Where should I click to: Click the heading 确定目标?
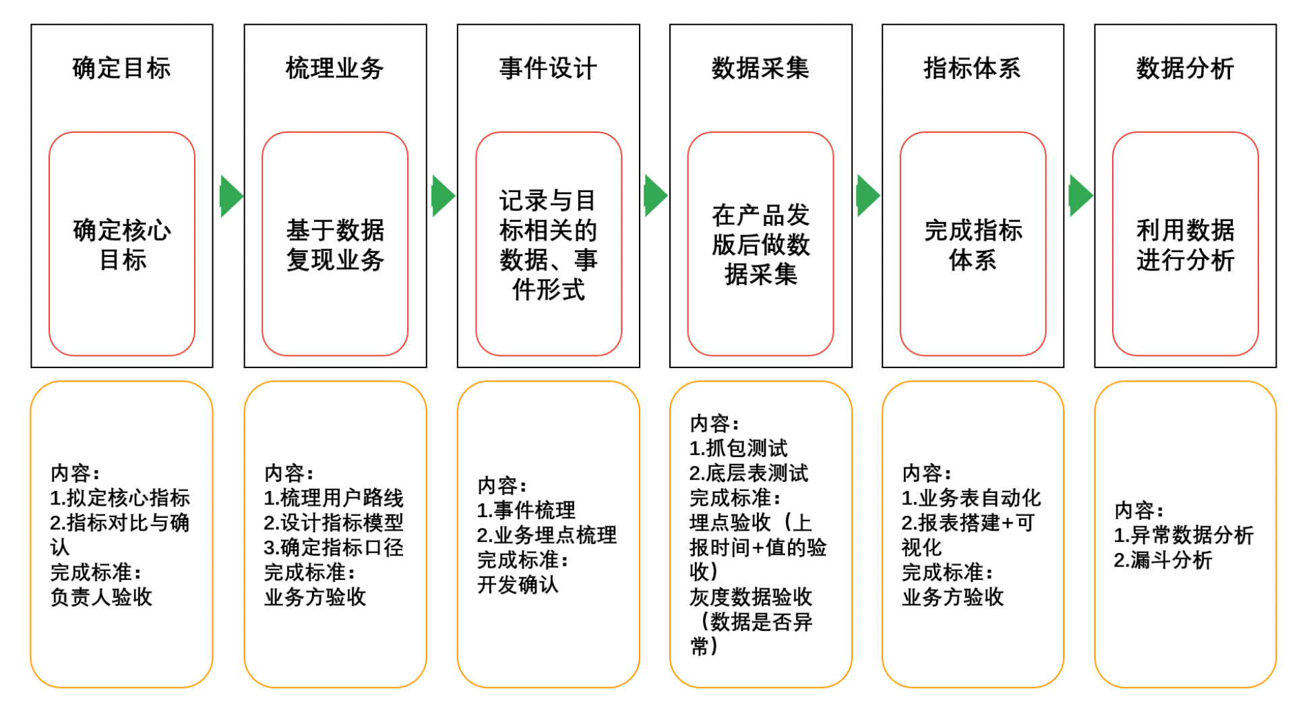[121, 68]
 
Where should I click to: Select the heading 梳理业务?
[334, 68]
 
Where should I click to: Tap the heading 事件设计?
[548, 68]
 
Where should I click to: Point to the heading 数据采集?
[760, 68]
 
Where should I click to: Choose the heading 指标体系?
[972, 68]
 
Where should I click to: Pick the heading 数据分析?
[1185, 68]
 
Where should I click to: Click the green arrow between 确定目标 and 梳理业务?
[231, 196]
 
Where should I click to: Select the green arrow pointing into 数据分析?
[1080, 196]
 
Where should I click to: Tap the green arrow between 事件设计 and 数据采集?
[655, 196]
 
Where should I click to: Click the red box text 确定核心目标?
[122, 245]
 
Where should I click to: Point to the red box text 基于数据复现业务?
[335, 245]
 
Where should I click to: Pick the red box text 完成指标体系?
[973, 245]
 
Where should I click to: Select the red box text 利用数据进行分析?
[1185, 245]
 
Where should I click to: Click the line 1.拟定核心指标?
[120, 498]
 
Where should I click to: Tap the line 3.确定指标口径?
[334, 547]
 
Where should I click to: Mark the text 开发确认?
[518, 584]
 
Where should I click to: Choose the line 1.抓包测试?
[738, 448]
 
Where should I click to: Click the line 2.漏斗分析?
[1163, 560]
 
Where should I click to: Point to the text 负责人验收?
[101, 597]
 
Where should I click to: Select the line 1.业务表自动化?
[971, 498]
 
